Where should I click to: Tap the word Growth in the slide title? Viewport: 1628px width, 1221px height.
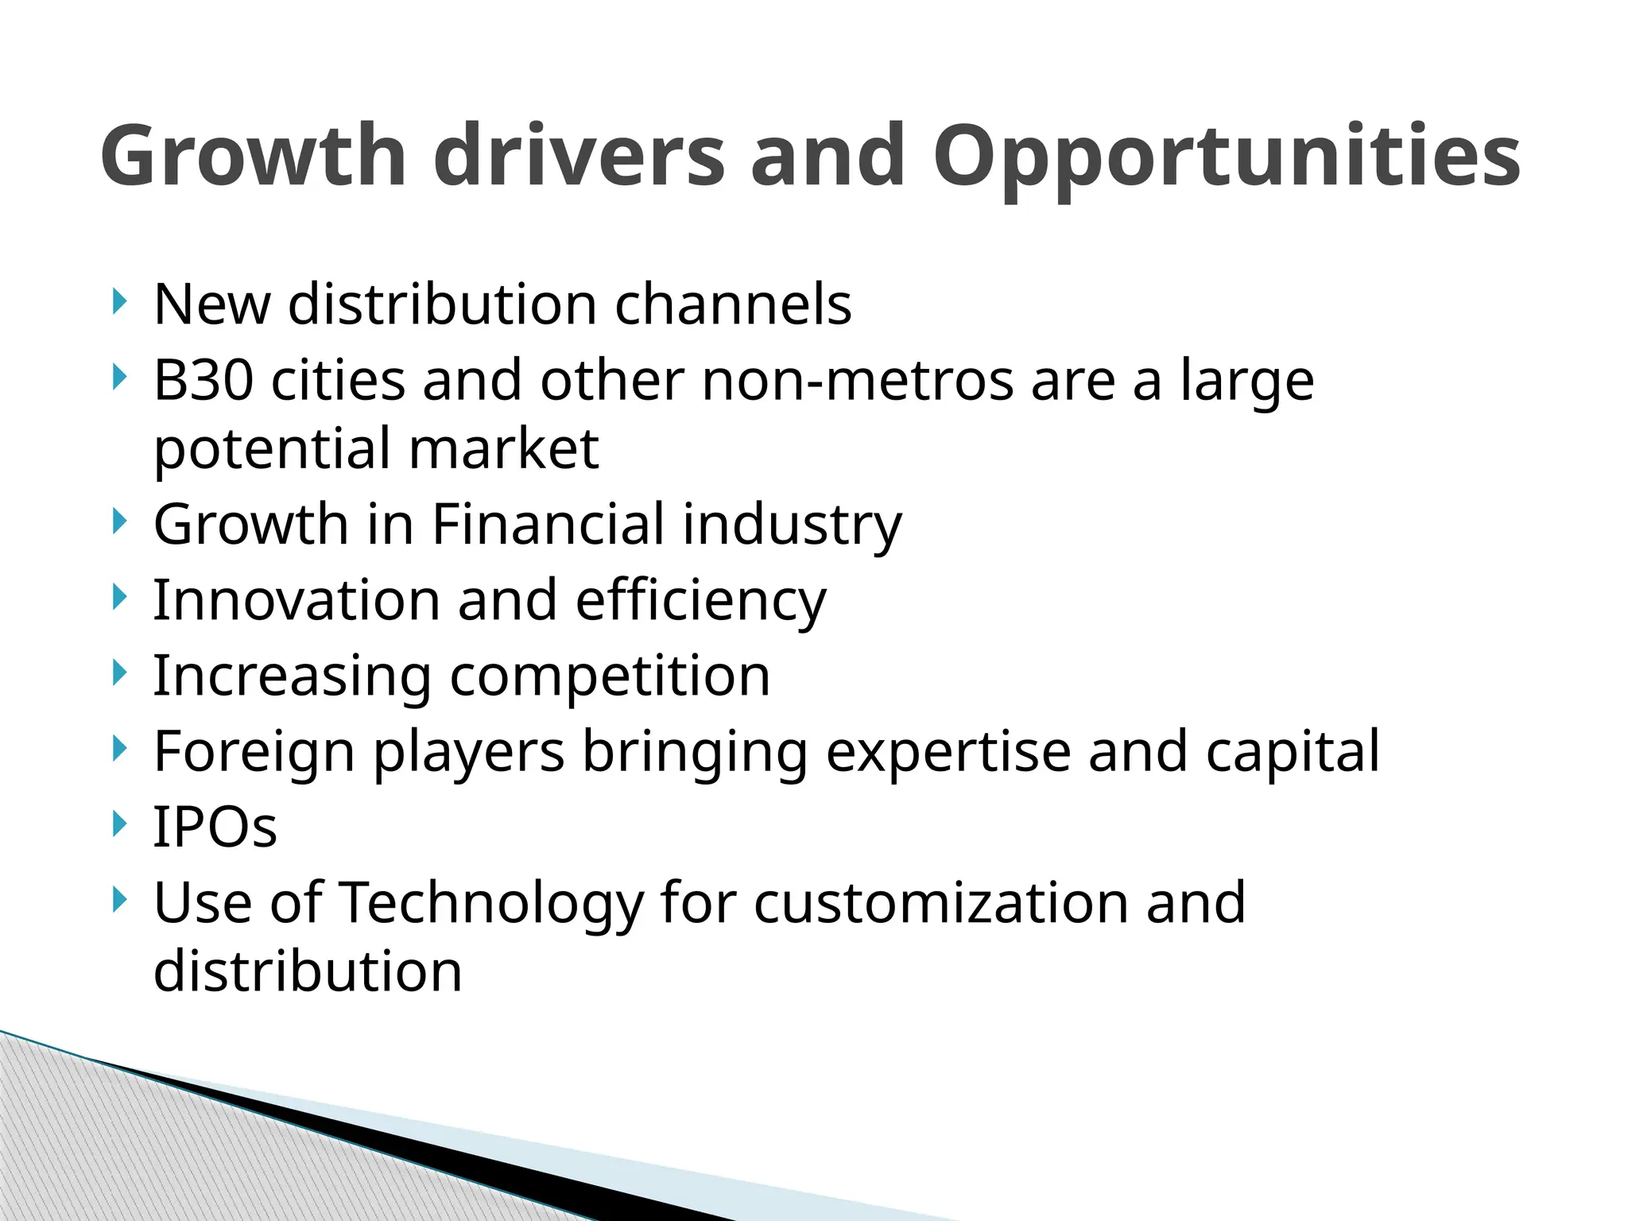pyautogui.click(x=254, y=156)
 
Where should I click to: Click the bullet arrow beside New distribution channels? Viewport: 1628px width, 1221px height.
pyautogui.click(x=119, y=302)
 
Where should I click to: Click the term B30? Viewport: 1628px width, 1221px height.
pyautogui.click(x=203, y=380)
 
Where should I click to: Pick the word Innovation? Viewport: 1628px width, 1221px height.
pyautogui.click(x=296, y=600)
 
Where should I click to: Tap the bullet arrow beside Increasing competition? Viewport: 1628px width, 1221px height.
pyautogui.click(x=119, y=674)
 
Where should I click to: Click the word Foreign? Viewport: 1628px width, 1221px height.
pyautogui.click(x=254, y=752)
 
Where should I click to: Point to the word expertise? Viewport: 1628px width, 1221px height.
pyautogui.click(x=948, y=752)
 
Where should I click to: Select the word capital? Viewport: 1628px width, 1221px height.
pyautogui.click(x=1293, y=752)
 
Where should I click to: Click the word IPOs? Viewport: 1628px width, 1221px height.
pyautogui.click(x=215, y=827)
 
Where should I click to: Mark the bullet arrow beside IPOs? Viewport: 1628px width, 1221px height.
pyautogui.click(x=119, y=824)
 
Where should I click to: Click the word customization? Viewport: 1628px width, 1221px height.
pyautogui.click(x=940, y=903)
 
